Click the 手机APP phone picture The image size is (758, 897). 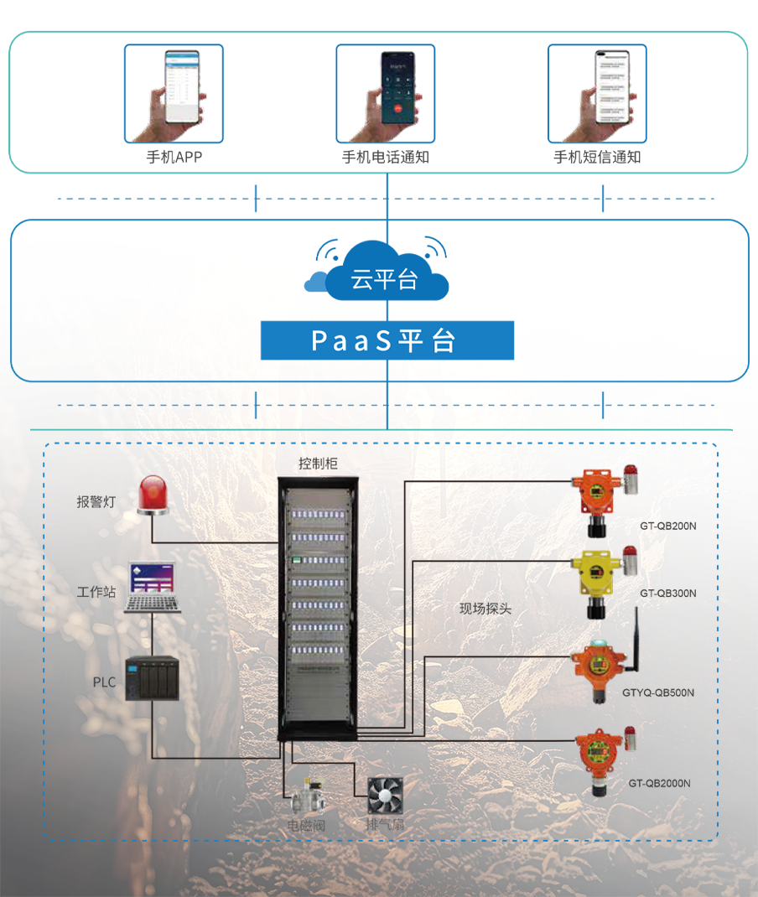tap(174, 93)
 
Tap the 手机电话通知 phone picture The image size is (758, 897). tap(386, 93)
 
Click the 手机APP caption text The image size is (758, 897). tap(174, 157)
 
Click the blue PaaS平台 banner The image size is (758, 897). tap(387, 340)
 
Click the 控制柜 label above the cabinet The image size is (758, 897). tap(319, 464)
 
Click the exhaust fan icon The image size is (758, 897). tap(385, 795)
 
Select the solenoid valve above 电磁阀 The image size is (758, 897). tap(305, 794)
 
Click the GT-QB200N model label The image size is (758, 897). tap(668, 526)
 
